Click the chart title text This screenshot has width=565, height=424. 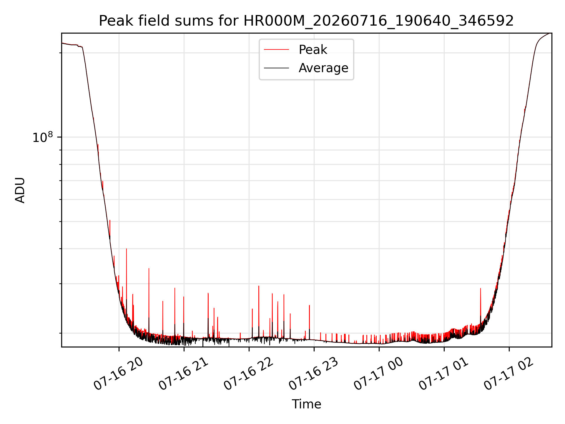click(306, 21)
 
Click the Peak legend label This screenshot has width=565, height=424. click(313, 50)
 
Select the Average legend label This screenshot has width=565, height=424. click(323, 68)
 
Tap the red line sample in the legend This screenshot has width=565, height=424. click(276, 50)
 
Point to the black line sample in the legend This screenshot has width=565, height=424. click(276, 68)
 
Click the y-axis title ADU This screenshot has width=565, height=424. click(20, 190)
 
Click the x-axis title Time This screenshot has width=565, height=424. click(306, 404)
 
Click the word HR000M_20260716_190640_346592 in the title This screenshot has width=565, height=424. click(379, 21)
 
